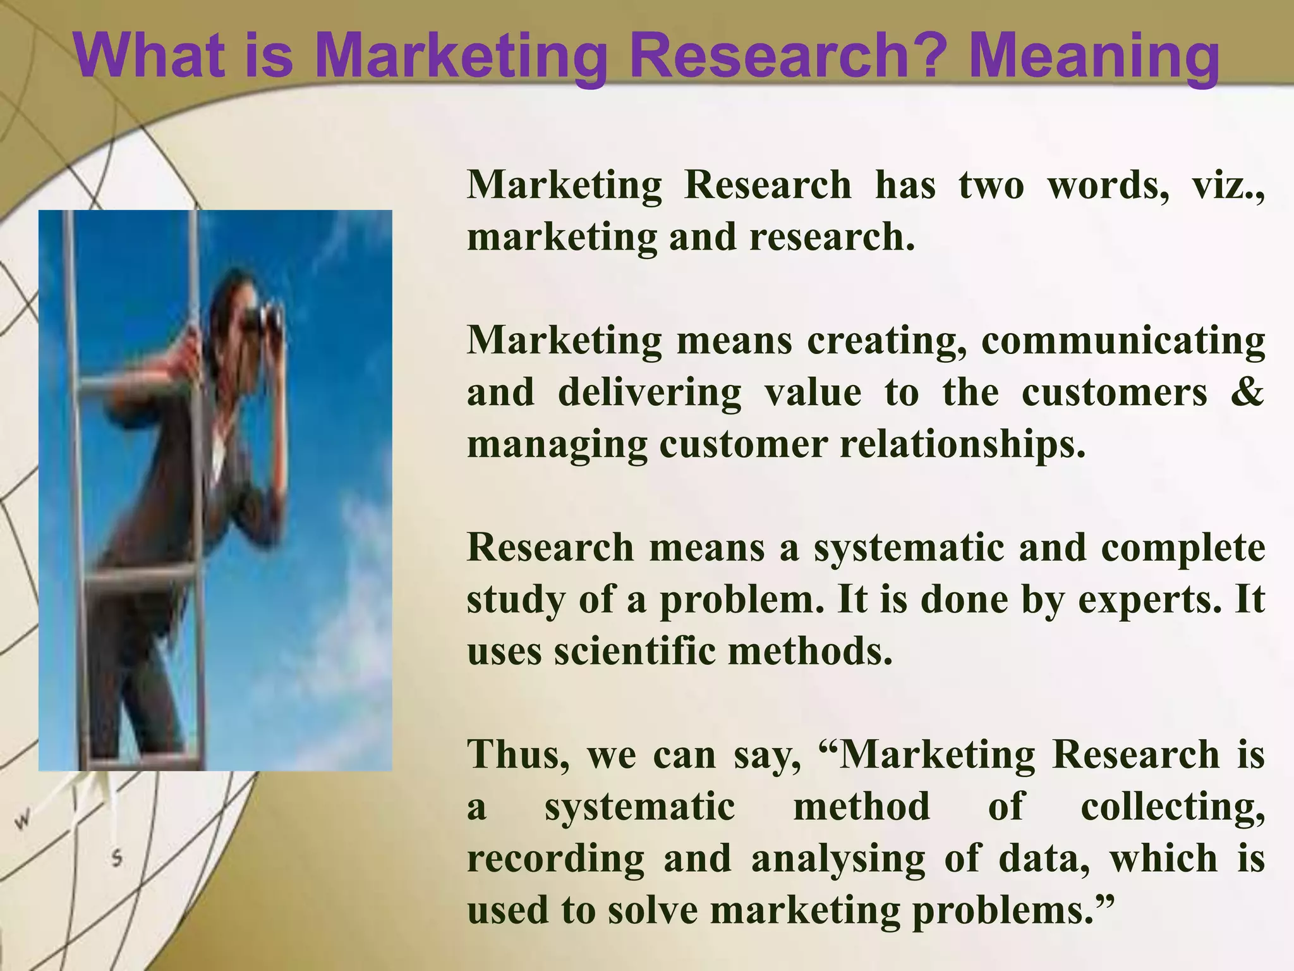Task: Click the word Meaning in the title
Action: (1094, 57)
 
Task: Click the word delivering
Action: (649, 393)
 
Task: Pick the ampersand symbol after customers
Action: (1247, 392)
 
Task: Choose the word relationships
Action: (962, 444)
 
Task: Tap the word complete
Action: (1183, 548)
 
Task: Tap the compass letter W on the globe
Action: (23, 821)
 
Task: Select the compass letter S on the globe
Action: (116, 859)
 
